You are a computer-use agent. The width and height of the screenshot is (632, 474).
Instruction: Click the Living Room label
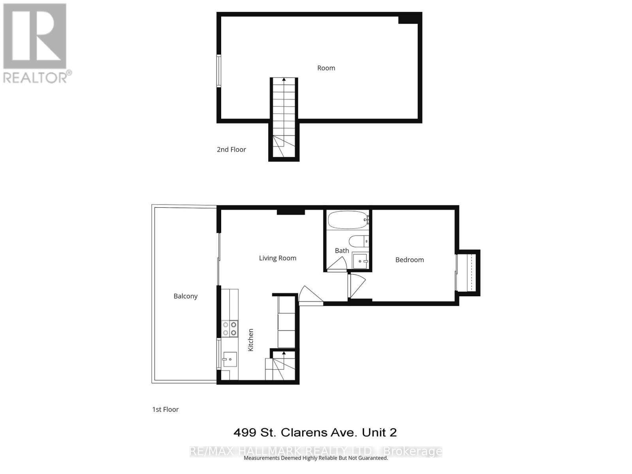pyautogui.click(x=277, y=258)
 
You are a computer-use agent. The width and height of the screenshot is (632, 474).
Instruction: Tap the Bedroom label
pyautogui.click(x=410, y=260)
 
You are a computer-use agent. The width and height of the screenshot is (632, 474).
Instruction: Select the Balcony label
pyautogui.click(x=185, y=296)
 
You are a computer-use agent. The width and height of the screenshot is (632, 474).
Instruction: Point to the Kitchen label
pyautogui.click(x=250, y=340)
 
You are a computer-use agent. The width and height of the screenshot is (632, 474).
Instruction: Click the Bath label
pyautogui.click(x=342, y=250)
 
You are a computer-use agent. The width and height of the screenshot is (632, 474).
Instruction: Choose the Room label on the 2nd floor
pyautogui.click(x=326, y=68)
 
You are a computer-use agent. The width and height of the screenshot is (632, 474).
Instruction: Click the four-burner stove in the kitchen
pyautogui.click(x=229, y=329)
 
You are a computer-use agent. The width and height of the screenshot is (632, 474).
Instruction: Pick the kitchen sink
pyautogui.click(x=229, y=359)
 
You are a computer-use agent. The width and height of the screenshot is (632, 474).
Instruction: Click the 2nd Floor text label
pyautogui.click(x=231, y=149)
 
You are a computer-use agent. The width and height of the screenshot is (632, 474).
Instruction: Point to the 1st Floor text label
pyautogui.click(x=165, y=409)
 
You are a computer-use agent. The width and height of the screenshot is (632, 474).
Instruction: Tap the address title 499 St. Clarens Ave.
pyautogui.click(x=315, y=433)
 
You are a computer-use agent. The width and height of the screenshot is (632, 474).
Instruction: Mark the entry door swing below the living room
pyautogui.click(x=310, y=295)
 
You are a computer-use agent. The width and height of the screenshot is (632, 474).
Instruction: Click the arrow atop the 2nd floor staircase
pyautogui.click(x=284, y=80)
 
